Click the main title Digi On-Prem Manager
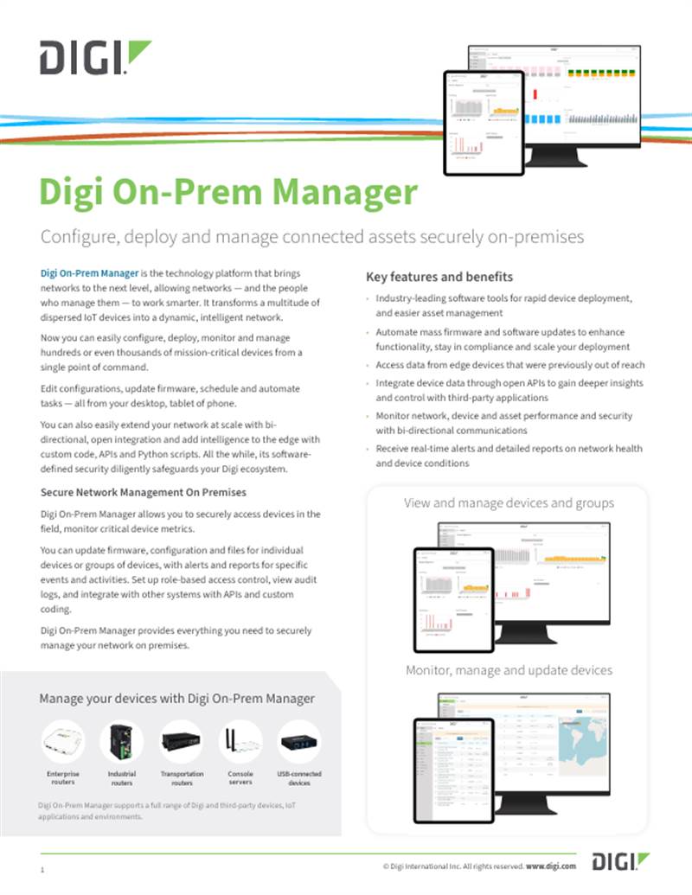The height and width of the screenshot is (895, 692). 228,192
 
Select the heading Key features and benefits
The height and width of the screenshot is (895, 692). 439,277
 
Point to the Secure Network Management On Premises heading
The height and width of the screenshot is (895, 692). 144,492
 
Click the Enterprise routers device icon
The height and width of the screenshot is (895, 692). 62,742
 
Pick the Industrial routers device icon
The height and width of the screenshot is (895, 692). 121,742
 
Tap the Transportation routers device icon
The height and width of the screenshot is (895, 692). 182,742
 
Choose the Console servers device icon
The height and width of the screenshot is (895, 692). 240,742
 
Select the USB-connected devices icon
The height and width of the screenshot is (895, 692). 299,742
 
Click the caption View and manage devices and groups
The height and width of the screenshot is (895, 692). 509,502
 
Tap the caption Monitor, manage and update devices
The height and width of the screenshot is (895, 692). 509,670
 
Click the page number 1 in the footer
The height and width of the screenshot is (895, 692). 42,867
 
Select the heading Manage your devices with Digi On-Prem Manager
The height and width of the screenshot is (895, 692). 176,698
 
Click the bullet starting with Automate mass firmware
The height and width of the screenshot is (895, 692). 500,339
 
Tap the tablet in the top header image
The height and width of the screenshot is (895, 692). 484,121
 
